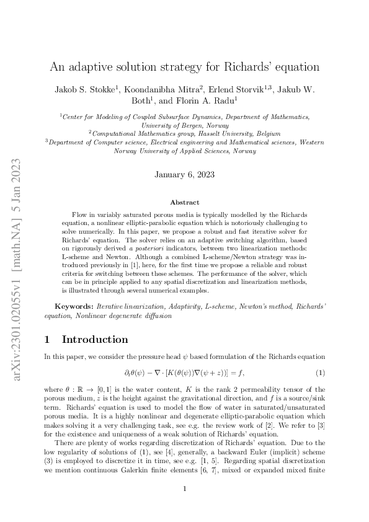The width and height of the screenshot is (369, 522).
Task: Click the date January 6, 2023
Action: tap(184, 174)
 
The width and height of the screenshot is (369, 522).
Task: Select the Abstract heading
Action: tap(184, 203)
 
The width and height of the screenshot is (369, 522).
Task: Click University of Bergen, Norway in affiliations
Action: tap(184, 125)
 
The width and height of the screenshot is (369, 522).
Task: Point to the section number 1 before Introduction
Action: tap(48, 339)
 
